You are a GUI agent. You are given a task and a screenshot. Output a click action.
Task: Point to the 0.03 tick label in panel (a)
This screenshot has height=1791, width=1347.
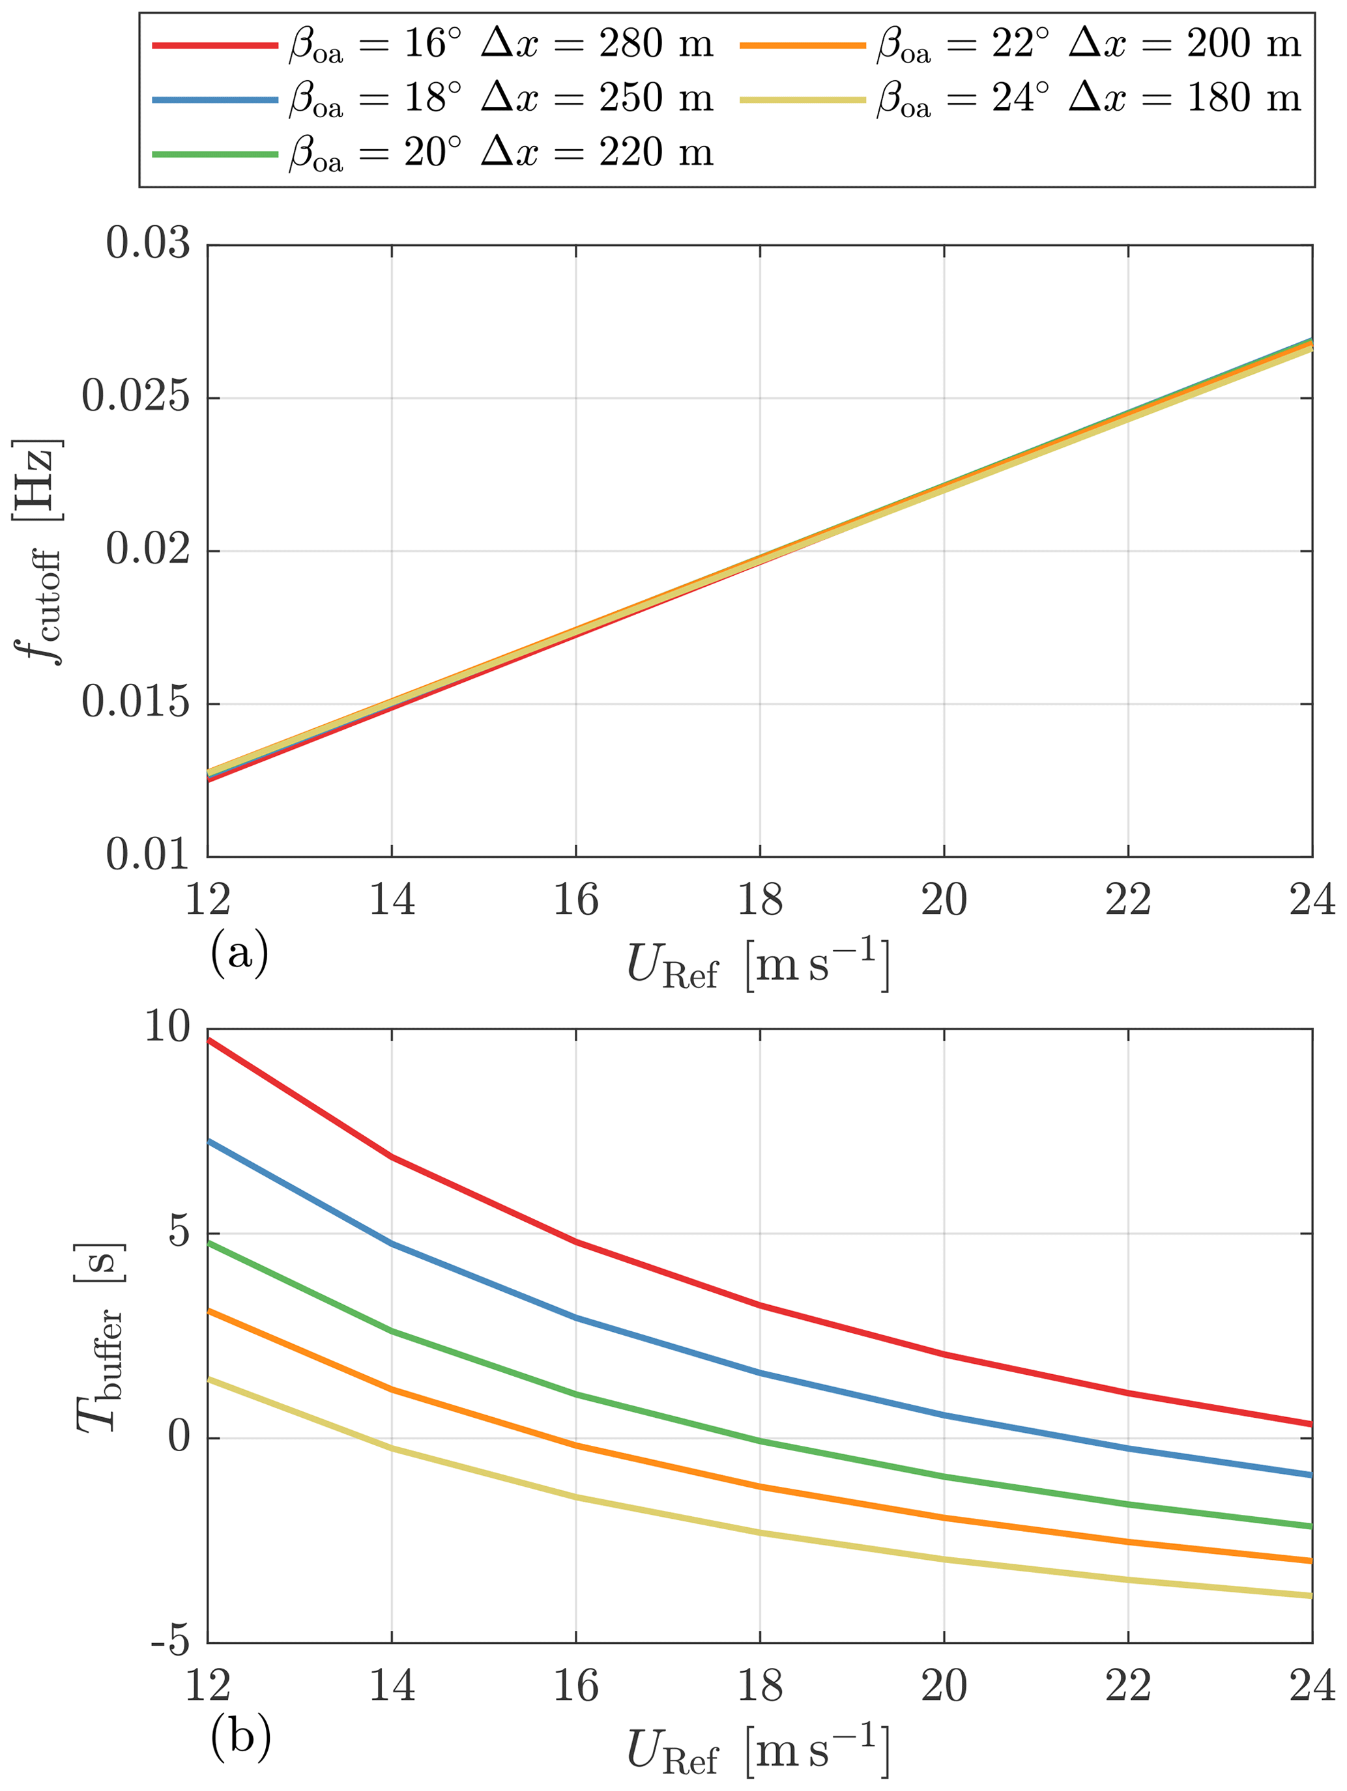pyautogui.click(x=148, y=244)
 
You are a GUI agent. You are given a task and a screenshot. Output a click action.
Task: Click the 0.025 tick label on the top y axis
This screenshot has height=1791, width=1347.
pyautogui.click(x=136, y=397)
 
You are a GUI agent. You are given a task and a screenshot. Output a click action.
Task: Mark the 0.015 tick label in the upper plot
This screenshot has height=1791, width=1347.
pyautogui.click(x=136, y=703)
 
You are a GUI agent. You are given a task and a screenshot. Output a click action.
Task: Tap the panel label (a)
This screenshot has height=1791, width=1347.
pyautogui.click(x=239, y=954)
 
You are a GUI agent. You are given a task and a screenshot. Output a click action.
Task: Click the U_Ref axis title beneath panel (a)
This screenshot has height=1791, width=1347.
pyautogui.click(x=758, y=965)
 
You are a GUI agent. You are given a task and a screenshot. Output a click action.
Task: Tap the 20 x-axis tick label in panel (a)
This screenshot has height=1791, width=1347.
pyautogui.click(x=944, y=900)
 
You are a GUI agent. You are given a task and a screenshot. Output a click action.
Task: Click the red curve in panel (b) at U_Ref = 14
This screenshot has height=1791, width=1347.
pyautogui.click(x=392, y=1157)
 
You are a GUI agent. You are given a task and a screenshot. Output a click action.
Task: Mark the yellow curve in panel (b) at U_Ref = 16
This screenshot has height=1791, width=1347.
pyautogui.click(x=576, y=1497)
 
